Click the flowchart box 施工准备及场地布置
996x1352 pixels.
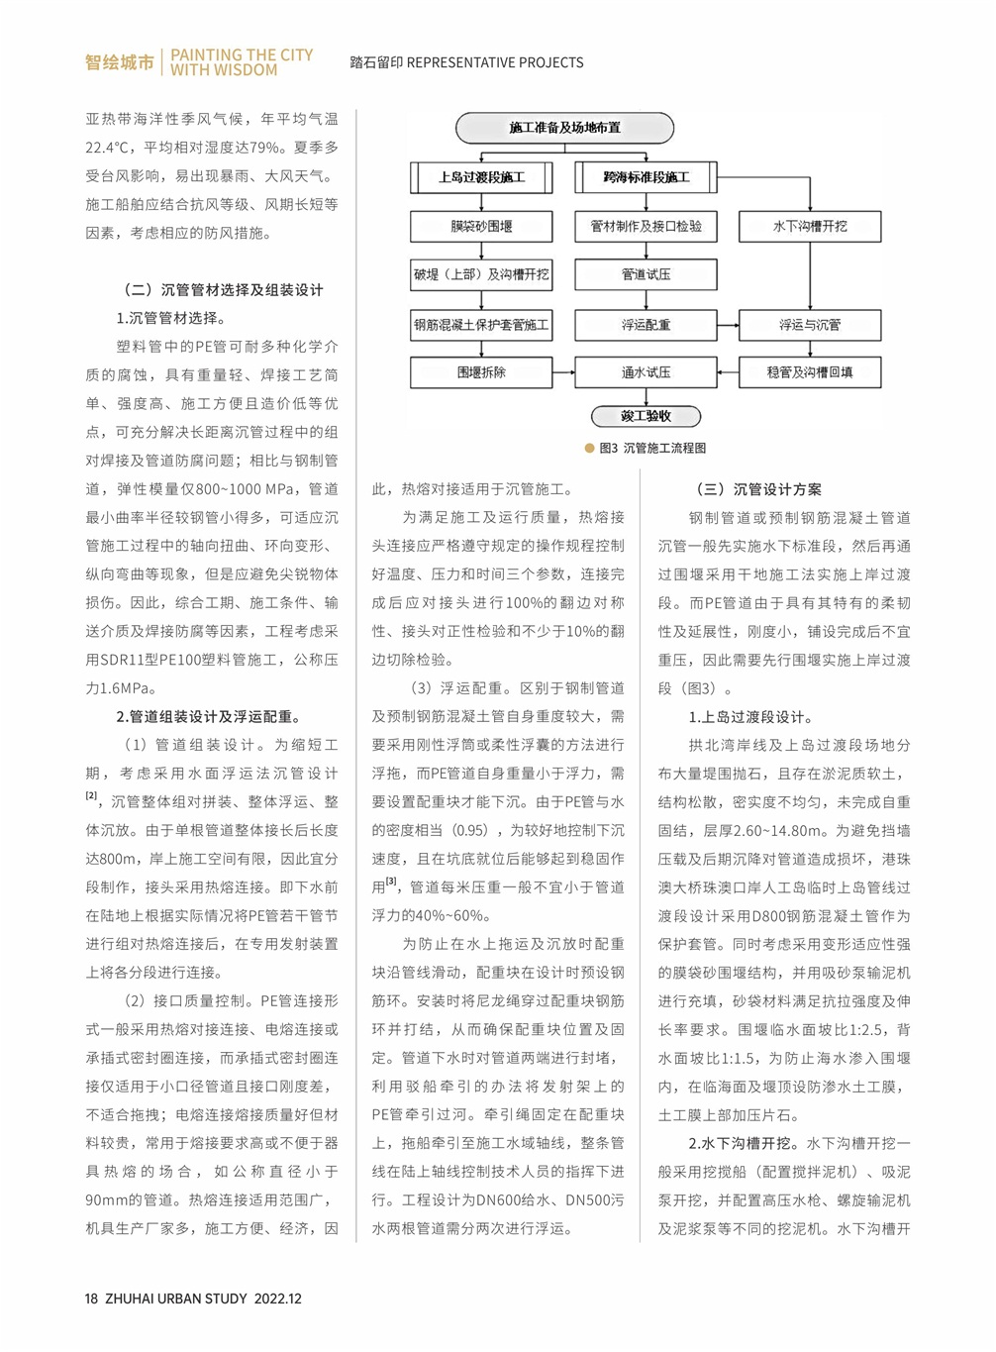[x=564, y=128]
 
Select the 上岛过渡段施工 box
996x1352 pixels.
[x=481, y=177]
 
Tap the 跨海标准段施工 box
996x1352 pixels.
[x=646, y=177]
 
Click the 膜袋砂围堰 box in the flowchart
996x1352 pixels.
[x=481, y=226]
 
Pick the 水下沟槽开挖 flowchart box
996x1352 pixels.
[x=810, y=226]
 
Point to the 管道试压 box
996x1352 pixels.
[x=646, y=274]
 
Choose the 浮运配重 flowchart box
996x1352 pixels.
[x=646, y=324]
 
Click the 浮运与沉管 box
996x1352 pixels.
[x=810, y=324]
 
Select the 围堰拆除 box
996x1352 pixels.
[x=481, y=372]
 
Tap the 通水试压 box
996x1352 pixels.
[x=646, y=372]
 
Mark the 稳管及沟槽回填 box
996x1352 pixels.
[x=810, y=372]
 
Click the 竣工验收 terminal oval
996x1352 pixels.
[x=646, y=416]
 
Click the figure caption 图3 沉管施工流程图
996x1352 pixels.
[x=652, y=448]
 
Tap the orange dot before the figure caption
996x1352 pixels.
[x=590, y=448]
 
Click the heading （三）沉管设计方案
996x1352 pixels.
[x=759, y=489]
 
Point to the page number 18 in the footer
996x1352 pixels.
[x=91, y=1299]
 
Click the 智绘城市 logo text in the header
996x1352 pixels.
[x=120, y=62]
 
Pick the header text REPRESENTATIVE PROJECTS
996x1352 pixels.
[x=495, y=62]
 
